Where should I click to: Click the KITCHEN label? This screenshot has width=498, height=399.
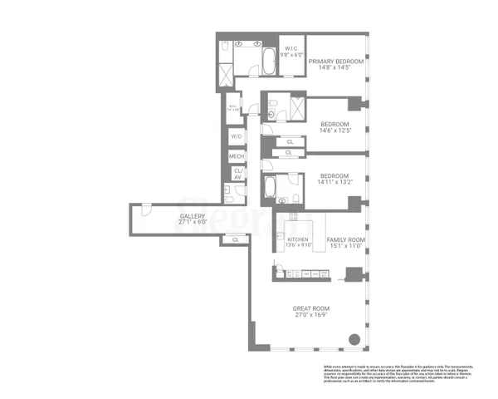point(298,239)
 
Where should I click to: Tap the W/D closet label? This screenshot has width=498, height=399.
point(237,136)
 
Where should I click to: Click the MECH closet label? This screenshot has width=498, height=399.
point(237,156)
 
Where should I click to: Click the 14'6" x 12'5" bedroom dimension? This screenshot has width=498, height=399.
point(336,130)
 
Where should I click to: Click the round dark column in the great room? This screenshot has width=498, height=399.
point(354,339)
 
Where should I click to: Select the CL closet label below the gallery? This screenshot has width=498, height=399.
point(236,239)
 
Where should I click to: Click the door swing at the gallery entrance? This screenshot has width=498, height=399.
point(144,208)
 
